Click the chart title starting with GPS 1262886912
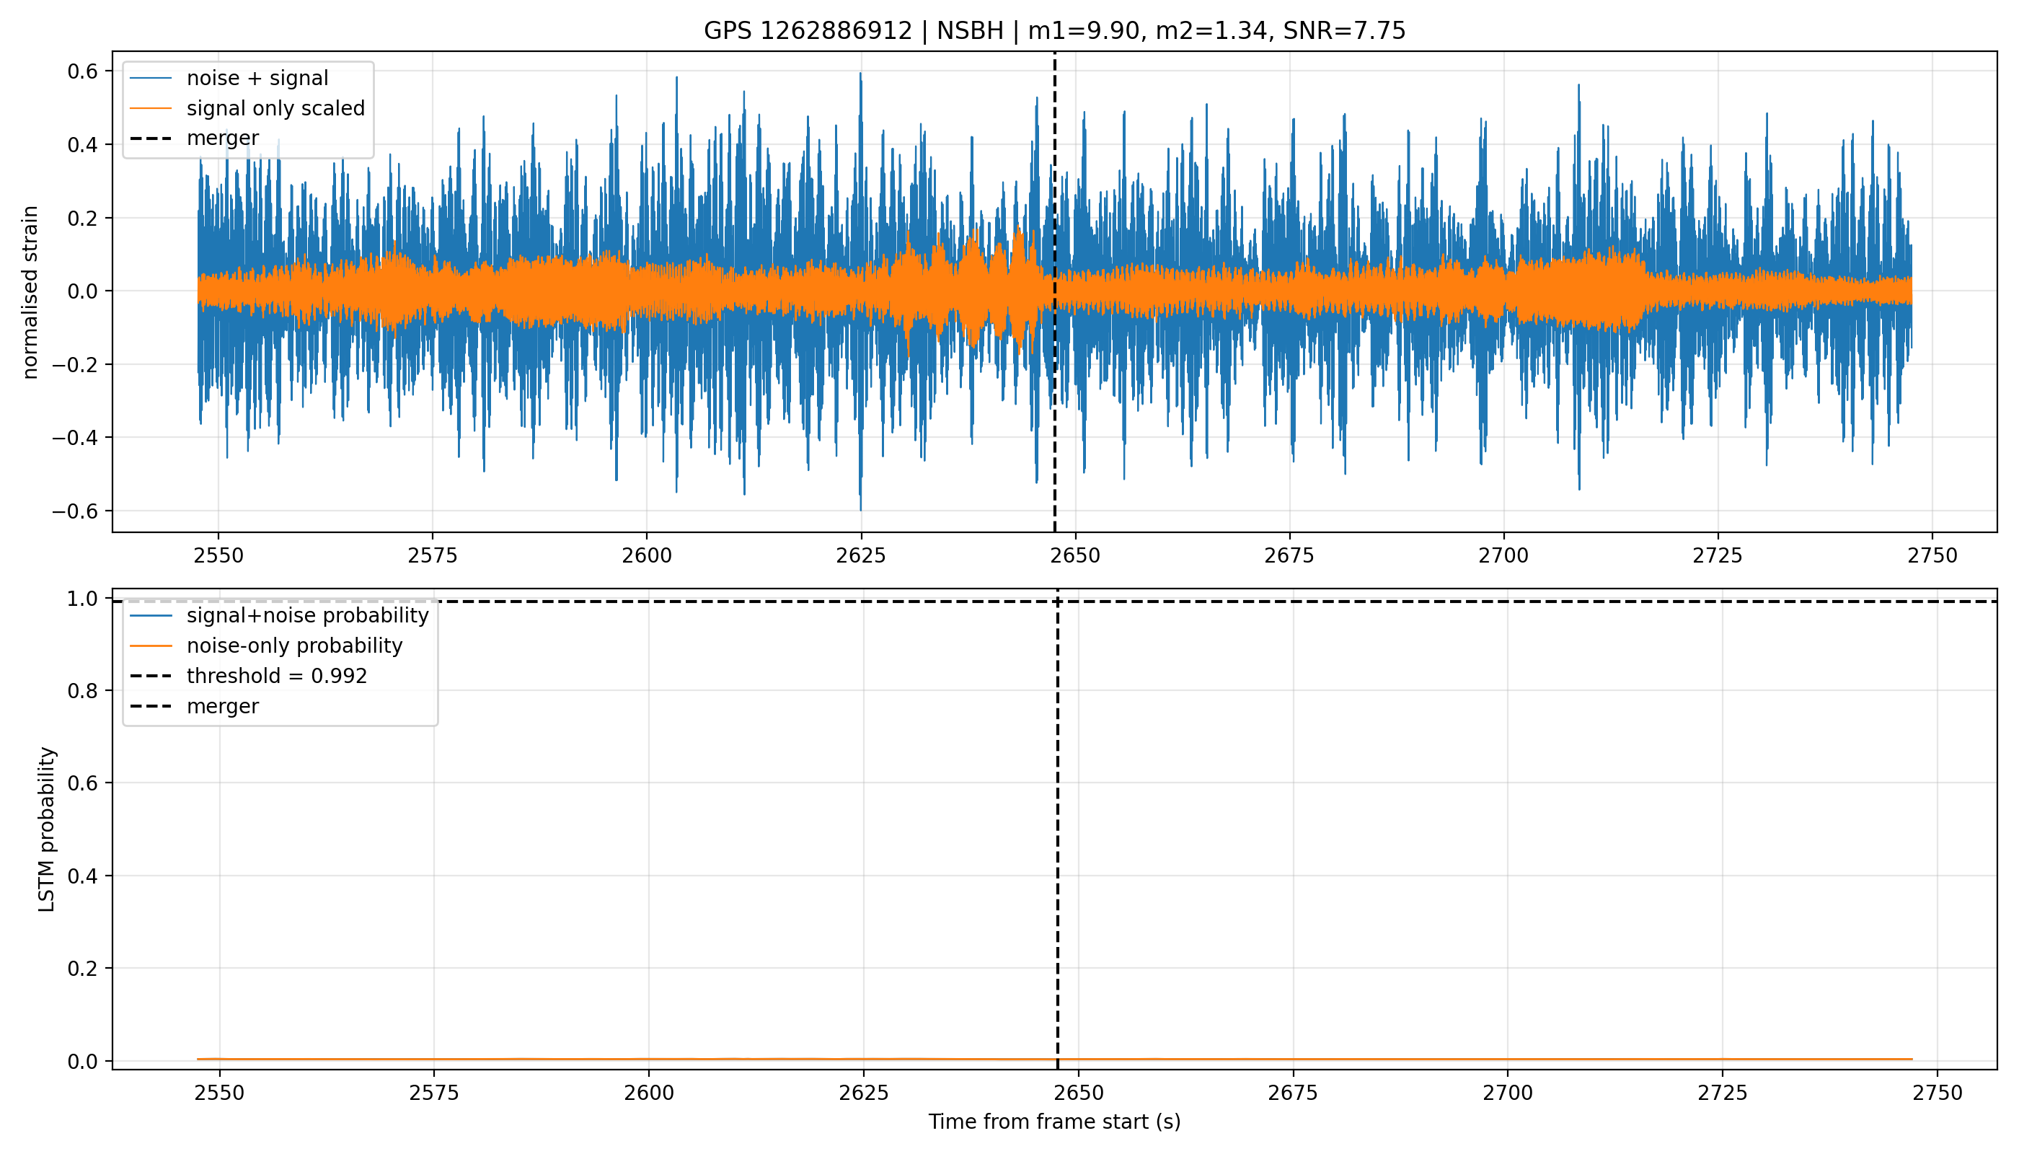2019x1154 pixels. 1055,31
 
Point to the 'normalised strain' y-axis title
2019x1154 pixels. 30,292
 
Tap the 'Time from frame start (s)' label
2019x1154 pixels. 1055,1122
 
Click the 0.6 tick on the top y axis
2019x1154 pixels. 82,71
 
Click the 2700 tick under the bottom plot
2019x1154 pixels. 1508,1093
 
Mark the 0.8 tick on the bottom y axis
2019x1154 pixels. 82,691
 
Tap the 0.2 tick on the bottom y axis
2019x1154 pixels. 82,969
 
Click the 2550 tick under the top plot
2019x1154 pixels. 218,555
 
